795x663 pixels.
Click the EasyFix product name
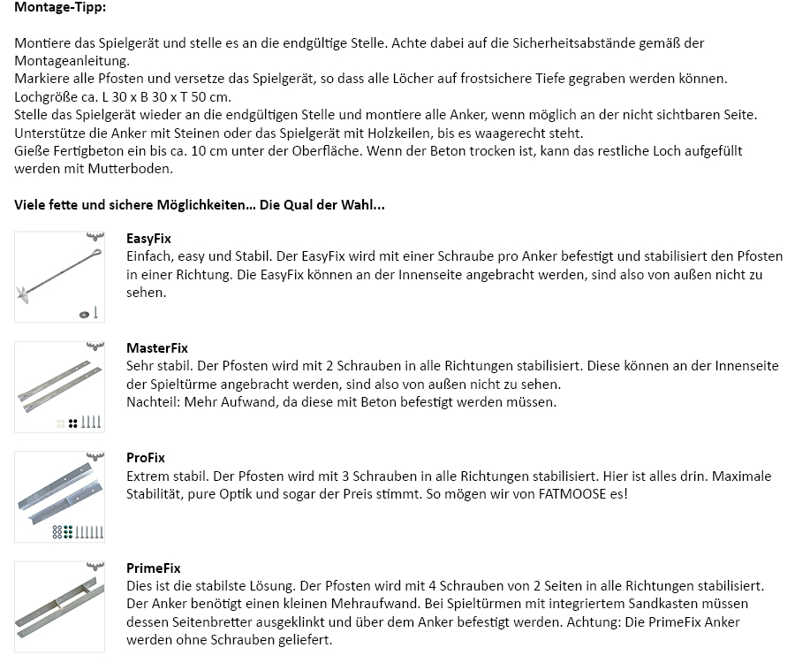point(148,239)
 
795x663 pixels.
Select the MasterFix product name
point(157,348)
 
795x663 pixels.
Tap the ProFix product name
point(146,458)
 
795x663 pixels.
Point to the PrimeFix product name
point(154,568)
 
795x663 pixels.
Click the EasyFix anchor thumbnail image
point(59,277)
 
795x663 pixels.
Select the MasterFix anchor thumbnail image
point(59,387)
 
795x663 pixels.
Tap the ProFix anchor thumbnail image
point(59,497)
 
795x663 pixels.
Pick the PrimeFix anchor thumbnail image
point(59,607)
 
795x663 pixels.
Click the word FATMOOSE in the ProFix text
point(572,493)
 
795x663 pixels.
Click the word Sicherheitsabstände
point(542,42)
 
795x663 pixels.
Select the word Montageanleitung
point(71,61)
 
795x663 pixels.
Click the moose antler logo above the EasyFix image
point(95,237)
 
